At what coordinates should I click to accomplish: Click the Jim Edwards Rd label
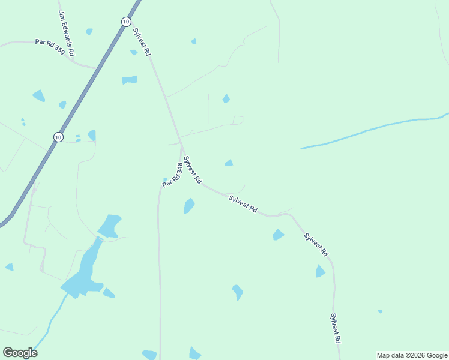[x=67, y=34]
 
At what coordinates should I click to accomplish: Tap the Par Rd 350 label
[x=50, y=46]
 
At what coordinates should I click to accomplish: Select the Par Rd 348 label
[x=172, y=174]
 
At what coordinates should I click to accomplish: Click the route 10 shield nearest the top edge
[x=125, y=22]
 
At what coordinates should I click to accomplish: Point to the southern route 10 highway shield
[x=58, y=137]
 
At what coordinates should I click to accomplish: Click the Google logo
[x=20, y=353]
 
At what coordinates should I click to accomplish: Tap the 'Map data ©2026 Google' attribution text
[x=412, y=355]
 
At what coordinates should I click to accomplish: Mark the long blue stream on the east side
[x=372, y=130]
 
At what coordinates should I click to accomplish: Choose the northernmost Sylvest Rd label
[x=142, y=41]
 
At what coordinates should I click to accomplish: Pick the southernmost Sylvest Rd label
[x=336, y=328]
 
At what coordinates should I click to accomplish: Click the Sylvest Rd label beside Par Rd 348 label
[x=193, y=170]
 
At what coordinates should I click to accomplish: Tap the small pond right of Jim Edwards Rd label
[x=89, y=31]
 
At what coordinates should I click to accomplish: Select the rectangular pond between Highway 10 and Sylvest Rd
[x=130, y=80]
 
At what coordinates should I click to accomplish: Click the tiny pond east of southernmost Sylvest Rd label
[x=380, y=311]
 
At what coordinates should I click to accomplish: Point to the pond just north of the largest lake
[x=109, y=226]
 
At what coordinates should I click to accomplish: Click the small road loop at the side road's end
[x=238, y=119]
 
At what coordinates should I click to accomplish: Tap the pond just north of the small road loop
[x=226, y=98]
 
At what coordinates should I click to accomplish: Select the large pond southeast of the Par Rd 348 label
[x=189, y=206]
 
